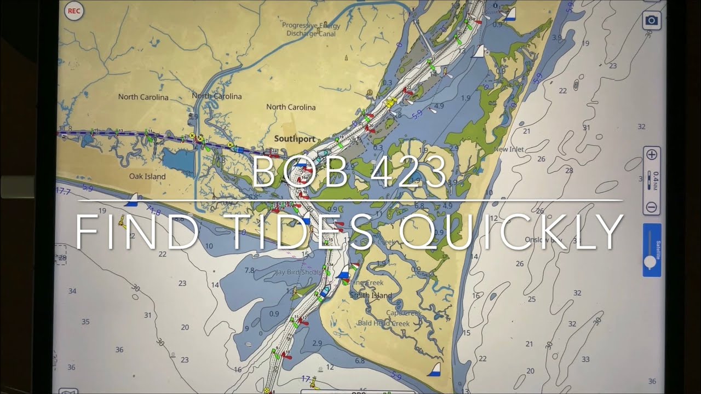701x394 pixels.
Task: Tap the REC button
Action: pyautogui.click(x=73, y=11)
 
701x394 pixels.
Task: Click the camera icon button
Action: pyautogui.click(x=651, y=21)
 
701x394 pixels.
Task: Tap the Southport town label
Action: pyautogui.click(x=295, y=139)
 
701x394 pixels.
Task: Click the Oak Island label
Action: pyautogui.click(x=147, y=177)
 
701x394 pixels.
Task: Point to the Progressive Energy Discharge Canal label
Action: pyautogui.click(x=311, y=30)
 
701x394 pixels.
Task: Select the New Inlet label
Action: pyautogui.click(x=509, y=149)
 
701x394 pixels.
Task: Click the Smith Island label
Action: pyautogui.click(x=371, y=296)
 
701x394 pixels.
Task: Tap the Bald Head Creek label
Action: pyautogui.click(x=383, y=323)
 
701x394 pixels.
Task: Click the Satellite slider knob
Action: pyautogui.click(x=650, y=262)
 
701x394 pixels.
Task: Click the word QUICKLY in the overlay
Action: pyautogui.click(x=512, y=232)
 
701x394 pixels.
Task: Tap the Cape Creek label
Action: pyautogui.click(x=404, y=313)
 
